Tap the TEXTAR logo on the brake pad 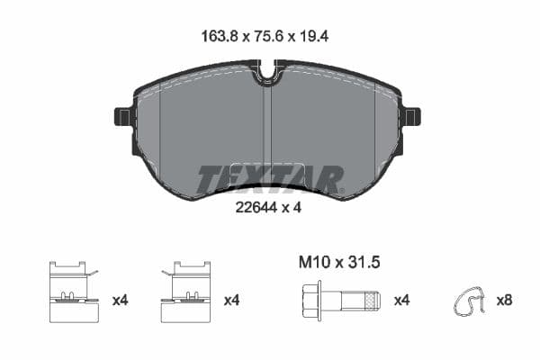point(270,178)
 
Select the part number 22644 point(255,209)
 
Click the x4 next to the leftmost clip point(120,301)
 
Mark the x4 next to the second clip point(231,301)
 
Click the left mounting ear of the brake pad point(124,117)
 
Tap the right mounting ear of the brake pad point(412,117)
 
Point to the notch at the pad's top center point(267,72)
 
